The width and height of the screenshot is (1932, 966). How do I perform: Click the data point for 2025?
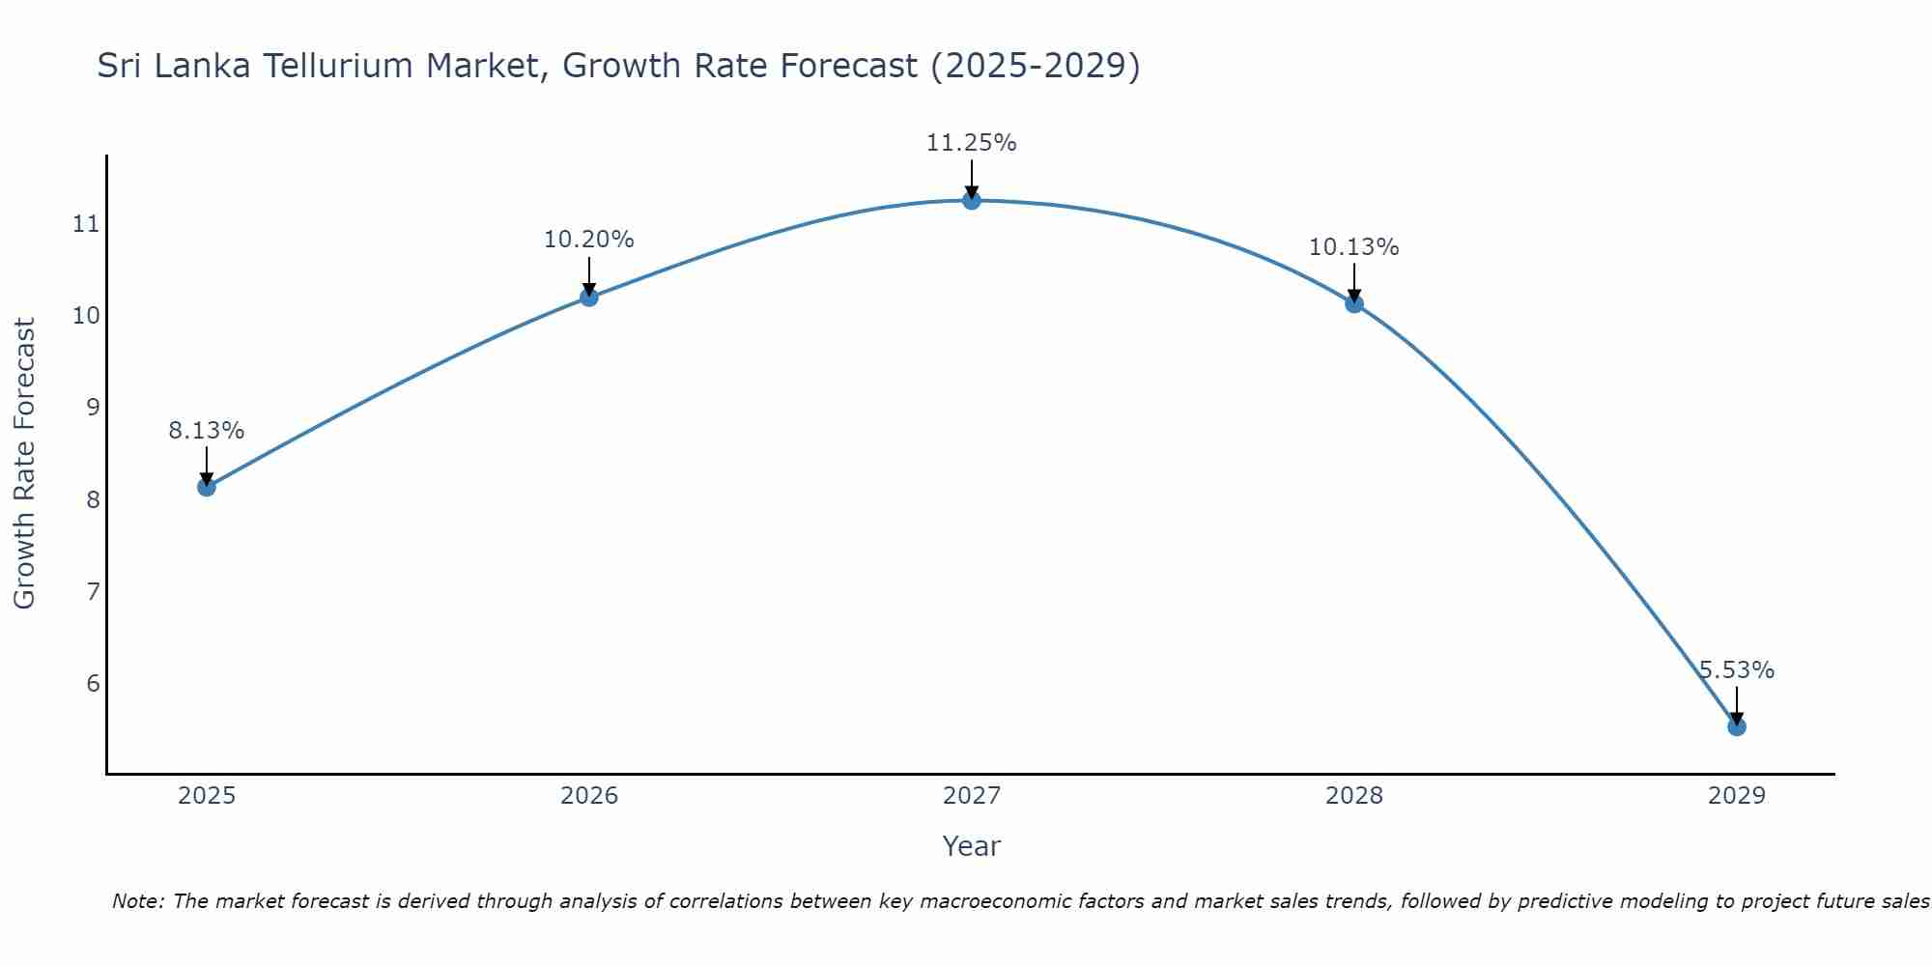coord(206,487)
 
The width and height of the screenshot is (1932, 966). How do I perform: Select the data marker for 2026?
coord(588,297)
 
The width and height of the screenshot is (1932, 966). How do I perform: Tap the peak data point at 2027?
coord(971,200)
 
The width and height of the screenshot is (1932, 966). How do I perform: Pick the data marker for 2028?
coord(1353,303)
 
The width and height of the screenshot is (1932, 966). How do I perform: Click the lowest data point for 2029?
coord(1736,726)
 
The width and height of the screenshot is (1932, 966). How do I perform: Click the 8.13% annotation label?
coord(206,431)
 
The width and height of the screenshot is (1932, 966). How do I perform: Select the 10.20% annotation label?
coord(588,240)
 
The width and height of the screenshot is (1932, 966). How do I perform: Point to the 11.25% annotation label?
coord(971,143)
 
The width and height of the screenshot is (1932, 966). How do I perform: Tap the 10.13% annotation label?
coord(1353,247)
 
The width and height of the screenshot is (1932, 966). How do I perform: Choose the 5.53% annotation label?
coord(1736,670)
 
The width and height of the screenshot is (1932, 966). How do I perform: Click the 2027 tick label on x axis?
coord(971,796)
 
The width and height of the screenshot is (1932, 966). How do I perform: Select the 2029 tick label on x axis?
coord(1736,796)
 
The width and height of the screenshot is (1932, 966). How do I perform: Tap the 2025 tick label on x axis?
coord(207,796)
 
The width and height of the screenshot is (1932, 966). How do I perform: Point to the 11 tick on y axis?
coord(86,224)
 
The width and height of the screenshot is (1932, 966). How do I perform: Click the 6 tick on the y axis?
coord(93,684)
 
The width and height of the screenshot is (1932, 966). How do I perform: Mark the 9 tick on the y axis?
coord(93,408)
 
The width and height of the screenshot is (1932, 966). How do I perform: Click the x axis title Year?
coord(971,846)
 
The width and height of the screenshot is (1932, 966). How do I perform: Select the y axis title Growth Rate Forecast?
coord(24,464)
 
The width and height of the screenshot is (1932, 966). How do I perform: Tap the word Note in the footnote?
coord(138,901)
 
